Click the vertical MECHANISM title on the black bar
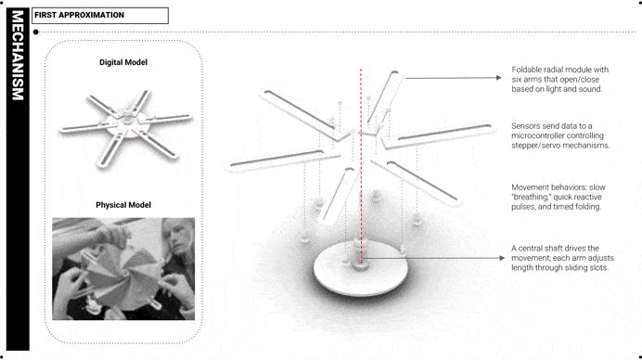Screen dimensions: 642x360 click(x=18, y=56)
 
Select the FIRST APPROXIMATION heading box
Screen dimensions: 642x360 click(x=100, y=16)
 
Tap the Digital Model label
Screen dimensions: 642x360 click(x=123, y=62)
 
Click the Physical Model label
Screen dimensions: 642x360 click(x=123, y=205)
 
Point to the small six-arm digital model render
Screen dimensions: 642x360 click(x=125, y=128)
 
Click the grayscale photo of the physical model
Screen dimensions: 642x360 click(x=123, y=269)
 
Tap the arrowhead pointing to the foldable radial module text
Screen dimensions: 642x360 click(x=499, y=77)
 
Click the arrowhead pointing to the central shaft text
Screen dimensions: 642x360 click(x=502, y=258)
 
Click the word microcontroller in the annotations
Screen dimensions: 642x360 click(x=536, y=135)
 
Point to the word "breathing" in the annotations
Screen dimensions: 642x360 click(x=530, y=198)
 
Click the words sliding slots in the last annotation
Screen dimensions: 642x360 click(x=584, y=268)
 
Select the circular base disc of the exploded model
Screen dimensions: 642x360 click(x=360, y=268)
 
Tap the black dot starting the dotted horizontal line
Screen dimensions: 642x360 click(x=36, y=32)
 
